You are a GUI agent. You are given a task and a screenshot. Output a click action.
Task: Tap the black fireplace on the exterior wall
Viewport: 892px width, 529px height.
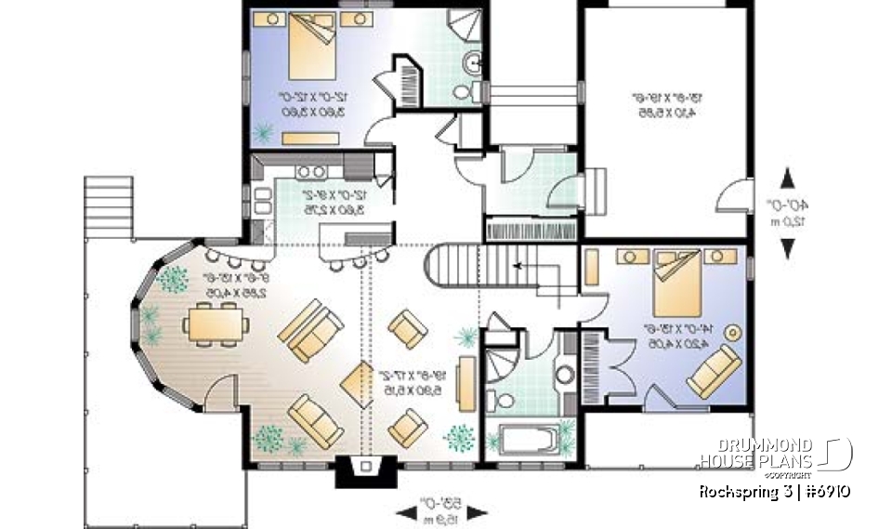coord(365,471)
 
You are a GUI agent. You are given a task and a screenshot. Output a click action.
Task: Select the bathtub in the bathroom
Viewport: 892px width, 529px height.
coord(528,439)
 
